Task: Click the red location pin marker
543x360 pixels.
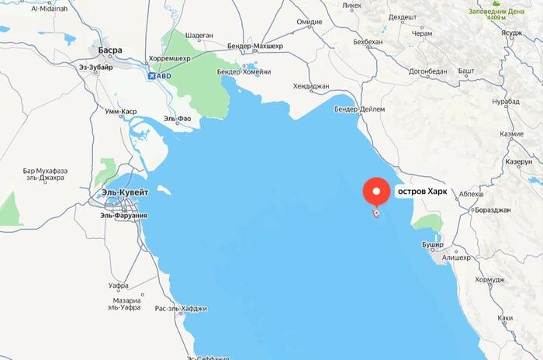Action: [378, 192]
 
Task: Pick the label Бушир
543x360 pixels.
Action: [431, 244]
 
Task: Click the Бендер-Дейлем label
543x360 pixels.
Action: [359, 109]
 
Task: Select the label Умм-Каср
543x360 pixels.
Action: [121, 112]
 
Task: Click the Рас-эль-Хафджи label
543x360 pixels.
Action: [181, 309]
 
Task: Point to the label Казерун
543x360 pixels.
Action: [518, 162]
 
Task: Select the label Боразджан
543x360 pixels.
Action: [493, 210]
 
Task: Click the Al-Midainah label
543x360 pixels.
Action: [49, 9]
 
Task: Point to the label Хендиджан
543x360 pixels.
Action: [312, 86]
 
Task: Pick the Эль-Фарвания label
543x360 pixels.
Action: [123, 215]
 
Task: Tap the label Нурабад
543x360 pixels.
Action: [506, 102]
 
